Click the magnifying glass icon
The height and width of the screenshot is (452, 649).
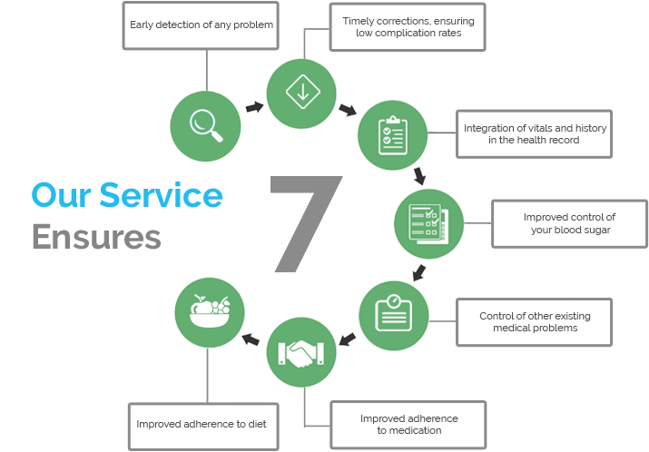(205, 125)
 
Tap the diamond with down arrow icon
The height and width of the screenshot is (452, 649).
(302, 92)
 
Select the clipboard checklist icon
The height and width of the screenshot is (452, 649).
(393, 135)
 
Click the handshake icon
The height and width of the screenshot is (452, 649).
(301, 353)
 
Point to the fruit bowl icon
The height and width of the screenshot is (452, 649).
(210, 311)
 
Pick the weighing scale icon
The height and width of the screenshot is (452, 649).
(393, 313)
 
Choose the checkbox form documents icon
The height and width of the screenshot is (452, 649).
(428, 223)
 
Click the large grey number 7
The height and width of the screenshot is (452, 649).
(306, 224)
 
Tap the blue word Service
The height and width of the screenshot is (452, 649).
(161, 194)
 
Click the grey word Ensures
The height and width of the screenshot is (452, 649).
(96, 236)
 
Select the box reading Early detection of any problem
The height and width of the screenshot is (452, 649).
(201, 25)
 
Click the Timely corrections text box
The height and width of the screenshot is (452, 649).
(408, 27)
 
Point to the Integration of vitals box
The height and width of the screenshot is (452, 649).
(534, 134)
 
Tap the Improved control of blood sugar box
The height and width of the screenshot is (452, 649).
(569, 224)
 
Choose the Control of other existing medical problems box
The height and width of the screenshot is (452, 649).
(534, 322)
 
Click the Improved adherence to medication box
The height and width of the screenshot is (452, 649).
(408, 425)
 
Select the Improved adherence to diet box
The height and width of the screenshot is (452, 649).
(203, 427)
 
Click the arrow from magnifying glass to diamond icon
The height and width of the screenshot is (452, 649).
(254, 107)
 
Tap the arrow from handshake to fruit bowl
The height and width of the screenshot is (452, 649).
(251, 339)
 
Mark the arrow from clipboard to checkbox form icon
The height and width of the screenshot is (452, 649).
(419, 175)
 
